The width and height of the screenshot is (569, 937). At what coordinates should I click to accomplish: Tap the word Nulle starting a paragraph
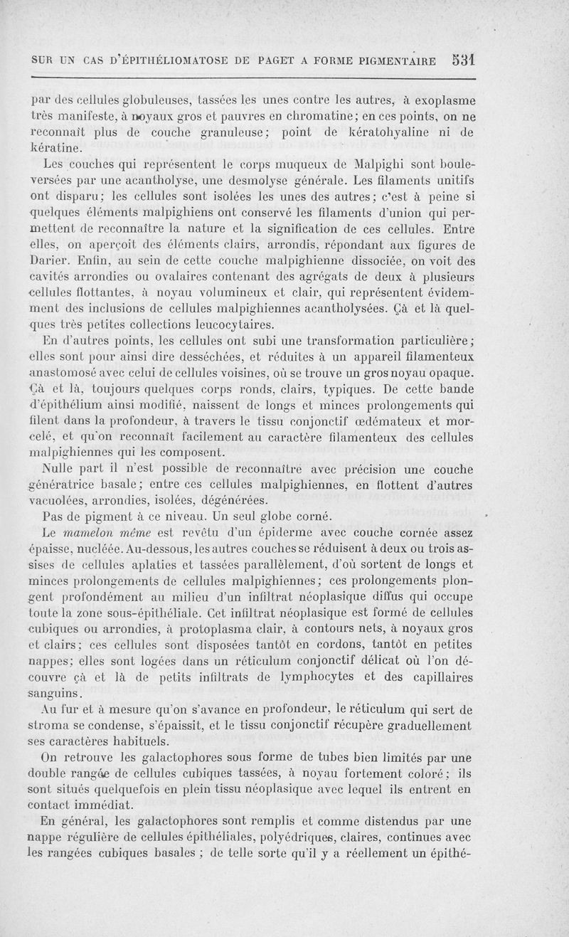(58, 470)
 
